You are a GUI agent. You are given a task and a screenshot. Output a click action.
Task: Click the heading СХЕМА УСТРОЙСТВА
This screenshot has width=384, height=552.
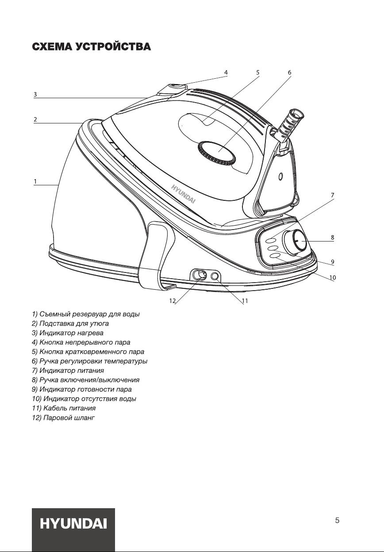click(92, 46)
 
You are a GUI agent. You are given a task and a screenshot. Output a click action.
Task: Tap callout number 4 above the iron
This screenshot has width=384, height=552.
click(226, 73)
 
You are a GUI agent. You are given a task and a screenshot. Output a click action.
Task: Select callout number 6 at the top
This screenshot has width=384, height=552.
click(289, 73)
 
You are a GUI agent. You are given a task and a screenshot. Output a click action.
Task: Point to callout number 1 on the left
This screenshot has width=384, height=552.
click(35, 182)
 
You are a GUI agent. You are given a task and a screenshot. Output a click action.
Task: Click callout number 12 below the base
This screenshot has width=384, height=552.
click(172, 301)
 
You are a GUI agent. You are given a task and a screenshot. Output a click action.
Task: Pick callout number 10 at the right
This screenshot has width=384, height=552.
click(333, 277)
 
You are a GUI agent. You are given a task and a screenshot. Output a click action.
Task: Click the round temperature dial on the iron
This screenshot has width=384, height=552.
click(216, 153)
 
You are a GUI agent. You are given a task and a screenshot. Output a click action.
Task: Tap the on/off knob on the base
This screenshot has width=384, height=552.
click(296, 242)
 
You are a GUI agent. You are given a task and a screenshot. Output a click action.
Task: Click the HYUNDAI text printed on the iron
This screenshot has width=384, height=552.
click(184, 194)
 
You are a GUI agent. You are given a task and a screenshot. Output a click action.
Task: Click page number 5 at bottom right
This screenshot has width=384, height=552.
click(337, 521)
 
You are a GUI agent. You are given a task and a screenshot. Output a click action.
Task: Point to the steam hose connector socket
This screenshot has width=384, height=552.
click(199, 275)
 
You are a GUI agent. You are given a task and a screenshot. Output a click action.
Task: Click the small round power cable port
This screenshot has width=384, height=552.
click(215, 276)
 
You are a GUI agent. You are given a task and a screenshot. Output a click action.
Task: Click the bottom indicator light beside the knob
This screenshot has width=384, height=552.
click(275, 256)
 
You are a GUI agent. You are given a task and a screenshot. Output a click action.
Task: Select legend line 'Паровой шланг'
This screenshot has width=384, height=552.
click(63, 418)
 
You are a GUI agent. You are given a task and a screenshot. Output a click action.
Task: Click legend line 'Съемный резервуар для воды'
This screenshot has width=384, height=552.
click(86, 314)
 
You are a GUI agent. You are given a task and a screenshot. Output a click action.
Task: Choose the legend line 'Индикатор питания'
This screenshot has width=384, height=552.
click(68, 370)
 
